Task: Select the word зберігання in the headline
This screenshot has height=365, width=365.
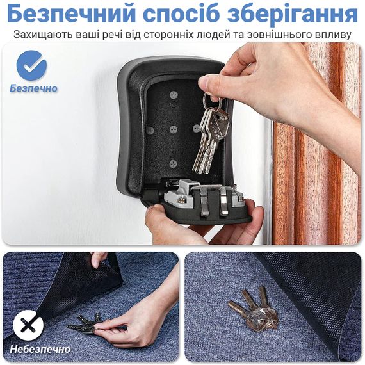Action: pos(293,14)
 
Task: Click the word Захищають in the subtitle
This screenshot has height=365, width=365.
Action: pos(43,35)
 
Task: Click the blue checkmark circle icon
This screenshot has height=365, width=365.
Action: pos(31,65)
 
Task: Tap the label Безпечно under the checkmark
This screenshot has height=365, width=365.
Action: pos(33,88)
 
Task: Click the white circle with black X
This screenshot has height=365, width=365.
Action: pos(28,325)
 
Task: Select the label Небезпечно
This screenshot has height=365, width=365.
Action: pos(40,349)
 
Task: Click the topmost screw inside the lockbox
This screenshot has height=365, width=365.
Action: pos(174,95)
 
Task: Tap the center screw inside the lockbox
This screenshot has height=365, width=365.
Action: pos(174,129)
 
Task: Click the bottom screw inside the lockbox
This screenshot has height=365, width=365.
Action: pos(173,164)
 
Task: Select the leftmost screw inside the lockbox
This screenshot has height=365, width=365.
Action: pos(150,130)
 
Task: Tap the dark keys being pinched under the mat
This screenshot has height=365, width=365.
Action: pos(85,323)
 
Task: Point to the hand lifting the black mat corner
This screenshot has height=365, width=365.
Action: pos(99,259)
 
